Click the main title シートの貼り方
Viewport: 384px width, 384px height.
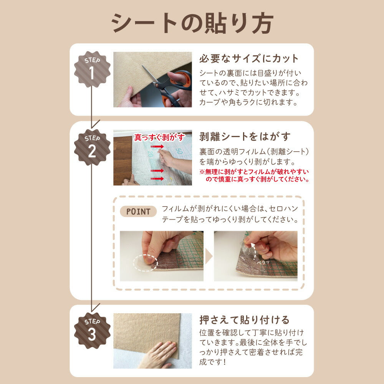(x=192, y=24)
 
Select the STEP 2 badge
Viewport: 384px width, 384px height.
(x=92, y=147)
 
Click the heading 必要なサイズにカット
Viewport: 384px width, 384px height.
(x=249, y=59)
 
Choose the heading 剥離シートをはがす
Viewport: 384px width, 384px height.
(x=245, y=137)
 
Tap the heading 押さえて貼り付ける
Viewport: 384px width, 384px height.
(x=245, y=320)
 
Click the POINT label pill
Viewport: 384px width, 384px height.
(x=138, y=212)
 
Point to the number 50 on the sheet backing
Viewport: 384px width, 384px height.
(x=179, y=151)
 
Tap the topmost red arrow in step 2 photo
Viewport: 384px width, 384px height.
(x=157, y=147)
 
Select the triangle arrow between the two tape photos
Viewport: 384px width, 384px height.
(x=209, y=256)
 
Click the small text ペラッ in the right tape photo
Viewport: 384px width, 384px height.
(x=263, y=262)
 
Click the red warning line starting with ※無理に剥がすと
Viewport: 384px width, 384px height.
(x=254, y=172)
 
